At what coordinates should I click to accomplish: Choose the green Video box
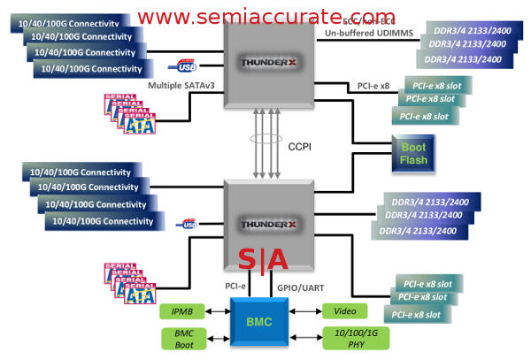coord(345,311)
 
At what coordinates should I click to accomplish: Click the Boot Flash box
coord(413,155)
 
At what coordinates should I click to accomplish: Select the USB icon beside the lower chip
coord(186,225)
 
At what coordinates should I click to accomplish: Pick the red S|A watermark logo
coord(262,260)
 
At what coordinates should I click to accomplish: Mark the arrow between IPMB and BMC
coord(217,311)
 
